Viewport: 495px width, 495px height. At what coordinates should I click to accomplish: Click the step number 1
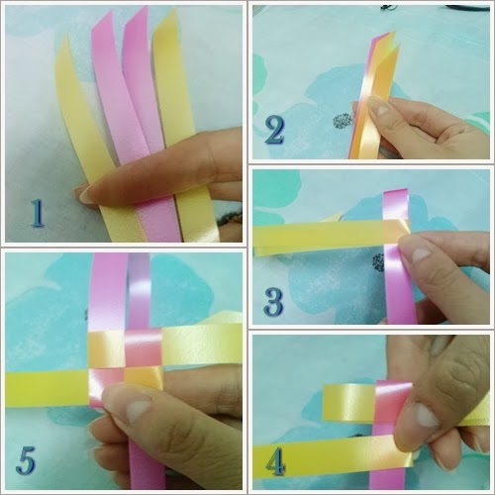pyautogui.click(x=37, y=214)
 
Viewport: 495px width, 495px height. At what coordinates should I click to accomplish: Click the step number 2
pyautogui.click(x=274, y=130)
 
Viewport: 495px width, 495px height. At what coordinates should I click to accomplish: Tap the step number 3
pyautogui.click(x=273, y=302)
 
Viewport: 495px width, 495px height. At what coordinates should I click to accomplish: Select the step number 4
pyautogui.click(x=275, y=461)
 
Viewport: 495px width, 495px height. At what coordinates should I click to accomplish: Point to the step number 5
pyautogui.click(x=26, y=460)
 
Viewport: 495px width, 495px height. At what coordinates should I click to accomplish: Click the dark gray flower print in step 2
pyautogui.click(x=344, y=121)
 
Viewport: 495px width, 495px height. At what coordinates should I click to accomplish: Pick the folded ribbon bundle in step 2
pyautogui.click(x=373, y=99)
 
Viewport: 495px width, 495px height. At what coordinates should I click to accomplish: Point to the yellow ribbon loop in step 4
pyautogui.click(x=348, y=403)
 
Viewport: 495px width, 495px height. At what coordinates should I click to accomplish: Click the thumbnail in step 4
pyautogui.click(x=427, y=417)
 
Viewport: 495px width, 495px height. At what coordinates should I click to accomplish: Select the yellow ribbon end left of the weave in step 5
pyautogui.click(x=47, y=389)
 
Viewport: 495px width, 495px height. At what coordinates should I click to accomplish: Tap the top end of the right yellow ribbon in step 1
pyautogui.click(x=174, y=12)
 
